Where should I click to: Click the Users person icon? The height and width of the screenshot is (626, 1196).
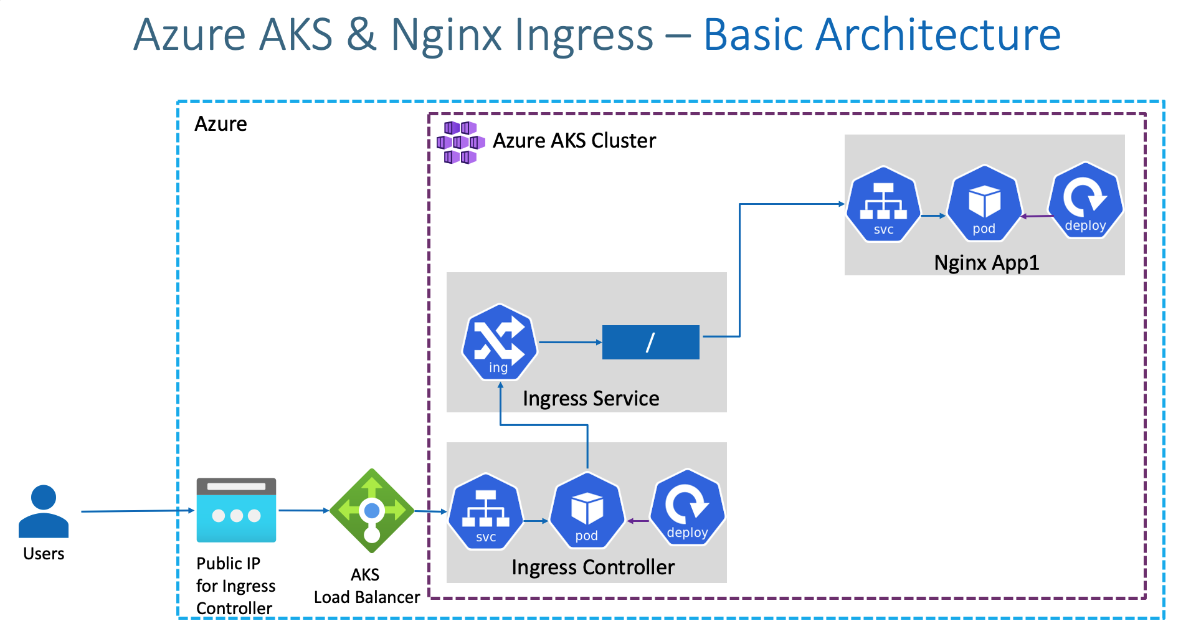point(44,511)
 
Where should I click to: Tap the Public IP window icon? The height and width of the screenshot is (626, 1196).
point(236,510)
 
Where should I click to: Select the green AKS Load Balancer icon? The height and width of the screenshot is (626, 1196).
point(372,511)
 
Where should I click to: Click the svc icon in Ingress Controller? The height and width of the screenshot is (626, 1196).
point(486,511)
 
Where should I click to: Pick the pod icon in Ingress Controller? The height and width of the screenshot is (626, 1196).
point(587,510)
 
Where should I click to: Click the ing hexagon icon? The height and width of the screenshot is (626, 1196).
point(499,342)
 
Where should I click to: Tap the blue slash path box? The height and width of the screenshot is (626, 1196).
point(650,342)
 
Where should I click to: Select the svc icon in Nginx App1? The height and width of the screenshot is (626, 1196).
point(883,204)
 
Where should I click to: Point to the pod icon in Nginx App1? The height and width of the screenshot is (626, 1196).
point(984,203)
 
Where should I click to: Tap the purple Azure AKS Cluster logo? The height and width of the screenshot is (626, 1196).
point(460,143)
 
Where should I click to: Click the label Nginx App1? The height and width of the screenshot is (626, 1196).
point(987,263)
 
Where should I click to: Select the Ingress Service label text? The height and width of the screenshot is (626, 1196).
point(591,399)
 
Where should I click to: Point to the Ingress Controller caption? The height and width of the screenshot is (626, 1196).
point(592,567)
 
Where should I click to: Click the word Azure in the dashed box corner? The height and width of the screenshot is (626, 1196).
point(221,124)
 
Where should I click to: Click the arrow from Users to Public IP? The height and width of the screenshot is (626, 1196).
point(137,511)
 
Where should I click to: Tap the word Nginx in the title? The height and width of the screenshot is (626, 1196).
point(446,35)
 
